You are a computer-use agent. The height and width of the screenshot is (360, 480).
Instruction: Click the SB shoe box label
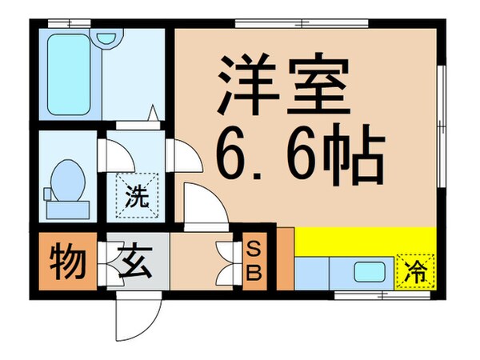pyautogui.click(x=253, y=262)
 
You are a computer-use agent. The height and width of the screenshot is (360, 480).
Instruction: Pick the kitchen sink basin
pyautogui.click(x=370, y=272)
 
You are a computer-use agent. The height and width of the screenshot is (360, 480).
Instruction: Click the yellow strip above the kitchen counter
pyautogui.click(x=364, y=239)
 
